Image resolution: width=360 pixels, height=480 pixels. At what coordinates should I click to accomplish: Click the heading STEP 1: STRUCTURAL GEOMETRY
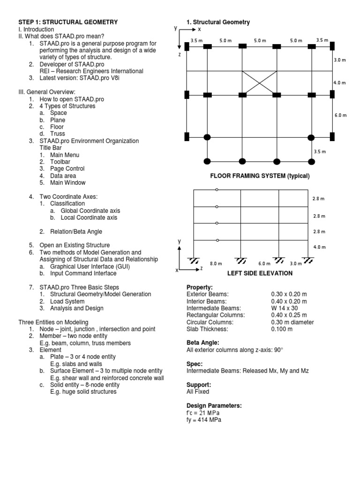pos(67,22)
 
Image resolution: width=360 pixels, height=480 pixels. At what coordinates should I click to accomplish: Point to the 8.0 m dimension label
pos(216,264)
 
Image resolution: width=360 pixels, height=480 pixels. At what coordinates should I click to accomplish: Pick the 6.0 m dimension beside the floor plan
pos(340,115)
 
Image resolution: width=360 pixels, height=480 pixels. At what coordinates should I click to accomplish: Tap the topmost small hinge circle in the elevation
pos(217,190)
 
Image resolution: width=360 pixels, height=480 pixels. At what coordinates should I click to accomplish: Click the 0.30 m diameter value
pos(292,322)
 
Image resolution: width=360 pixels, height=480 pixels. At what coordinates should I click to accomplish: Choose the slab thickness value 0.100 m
pos(282,329)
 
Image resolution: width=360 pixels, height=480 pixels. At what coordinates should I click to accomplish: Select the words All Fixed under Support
pos(198,391)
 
